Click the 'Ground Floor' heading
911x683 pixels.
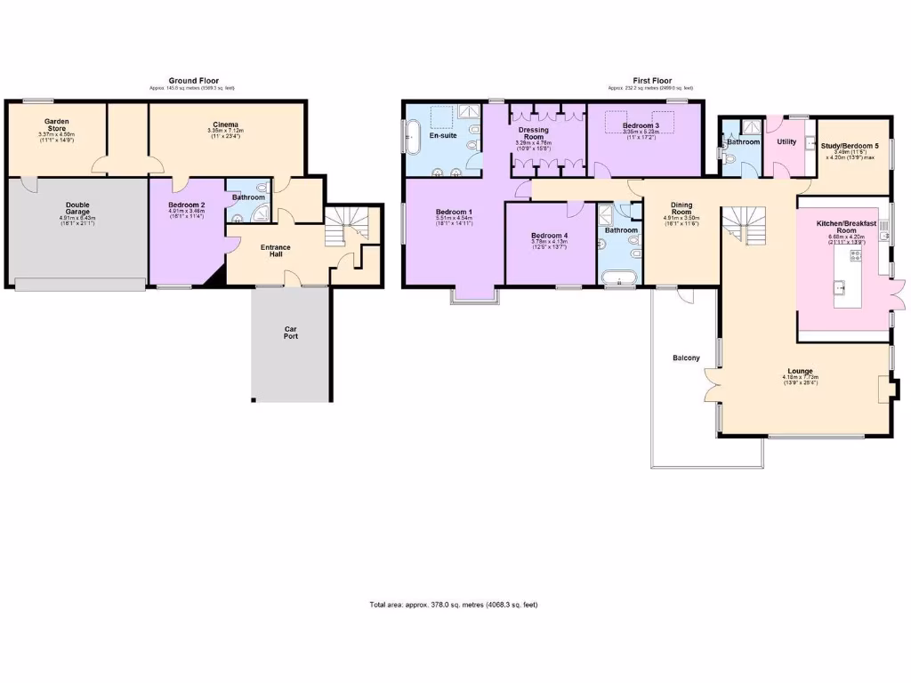coord(193,81)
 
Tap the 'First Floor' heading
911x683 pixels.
coord(650,81)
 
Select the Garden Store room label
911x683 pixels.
coord(57,125)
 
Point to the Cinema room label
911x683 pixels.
coord(225,125)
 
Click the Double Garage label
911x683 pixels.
coord(77,210)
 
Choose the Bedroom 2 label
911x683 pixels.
coord(186,205)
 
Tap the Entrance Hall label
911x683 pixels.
coord(275,252)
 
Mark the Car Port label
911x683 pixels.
coord(291,333)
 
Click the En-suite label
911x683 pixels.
coord(443,136)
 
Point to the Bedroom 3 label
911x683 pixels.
coord(641,125)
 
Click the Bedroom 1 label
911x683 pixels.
coord(454,211)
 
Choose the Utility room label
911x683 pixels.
coord(786,141)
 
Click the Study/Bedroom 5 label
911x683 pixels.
coord(850,146)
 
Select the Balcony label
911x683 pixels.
coord(686,358)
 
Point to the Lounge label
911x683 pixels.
coord(800,371)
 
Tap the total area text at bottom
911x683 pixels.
coord(454,605)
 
